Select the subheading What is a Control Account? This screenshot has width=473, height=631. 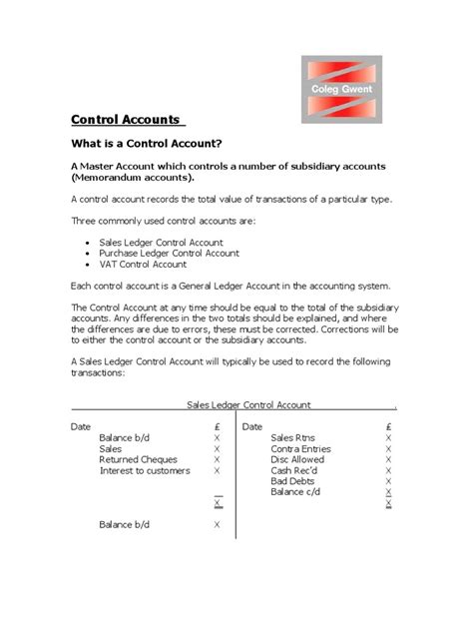(146, 144)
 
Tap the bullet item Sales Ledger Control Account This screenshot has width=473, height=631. (161, 243)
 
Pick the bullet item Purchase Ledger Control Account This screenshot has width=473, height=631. (170, 254)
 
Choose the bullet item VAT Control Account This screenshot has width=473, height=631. (143, 265)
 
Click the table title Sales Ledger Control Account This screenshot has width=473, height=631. (248, 405)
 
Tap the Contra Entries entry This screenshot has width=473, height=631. (300, 449)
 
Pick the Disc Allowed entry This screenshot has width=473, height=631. (297, 460)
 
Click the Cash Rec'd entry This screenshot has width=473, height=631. (294, 471)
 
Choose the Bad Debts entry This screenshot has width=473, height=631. (291, 482)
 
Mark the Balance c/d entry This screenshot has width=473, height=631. (294, 493)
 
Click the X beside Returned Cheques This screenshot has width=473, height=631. (217, 460)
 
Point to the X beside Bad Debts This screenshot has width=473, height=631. (388, 482)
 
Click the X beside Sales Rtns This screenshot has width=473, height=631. (388, 438)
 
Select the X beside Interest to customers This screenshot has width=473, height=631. (217, 471)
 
